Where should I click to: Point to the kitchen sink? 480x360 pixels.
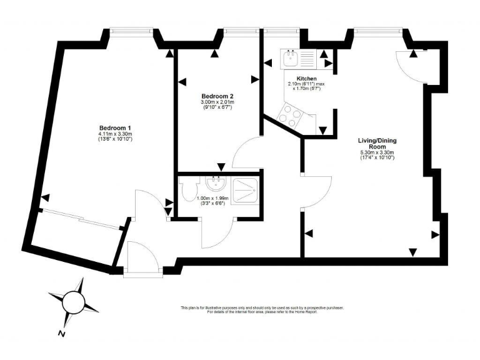coord(290,59)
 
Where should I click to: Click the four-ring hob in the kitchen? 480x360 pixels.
coord(289,116)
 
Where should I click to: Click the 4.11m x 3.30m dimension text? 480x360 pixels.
coord(115,136)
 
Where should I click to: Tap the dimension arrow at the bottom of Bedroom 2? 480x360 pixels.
coord(221,167)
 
